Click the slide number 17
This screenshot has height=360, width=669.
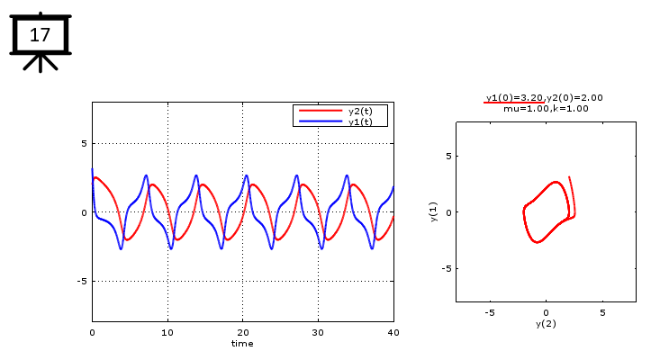pyautogui.click(x=40, y=35)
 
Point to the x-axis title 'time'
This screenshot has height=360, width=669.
pyautogui.click(x=242, y=343)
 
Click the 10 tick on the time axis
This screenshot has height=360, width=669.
pyautogui.click(x=167, y=332)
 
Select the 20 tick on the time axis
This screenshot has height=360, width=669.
pyautogui.click(x=243, y=332)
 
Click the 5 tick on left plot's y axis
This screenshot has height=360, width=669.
pyautogui.click(x=83, y=143)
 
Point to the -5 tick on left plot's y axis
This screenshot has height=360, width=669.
pyautogui.click(x=81, y=281)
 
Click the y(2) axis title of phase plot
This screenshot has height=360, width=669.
pyautogui.click(x=546, y=323)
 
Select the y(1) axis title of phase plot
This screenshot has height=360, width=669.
pyautogui.click(x=434, y=211)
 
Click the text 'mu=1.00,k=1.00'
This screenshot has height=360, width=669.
pyautogui.click(x=546, y=108)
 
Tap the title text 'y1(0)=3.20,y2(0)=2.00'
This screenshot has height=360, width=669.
pyautogui.click(x=544, y=97)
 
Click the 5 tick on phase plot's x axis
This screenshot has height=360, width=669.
pyautogui.click(x=602, y=312)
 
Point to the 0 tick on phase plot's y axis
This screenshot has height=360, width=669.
pyautogui.click(x=447, y=212)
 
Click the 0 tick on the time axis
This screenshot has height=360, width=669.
pyautogui.click(x=92, y=332)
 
